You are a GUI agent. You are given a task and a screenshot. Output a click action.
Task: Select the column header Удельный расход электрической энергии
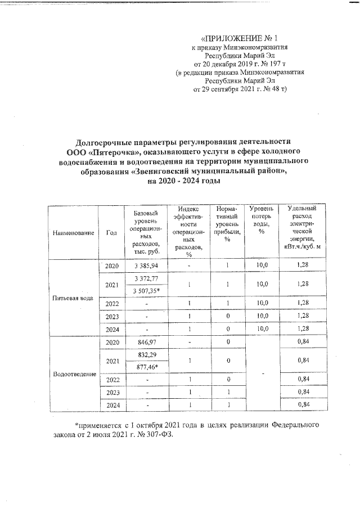coord(301,227)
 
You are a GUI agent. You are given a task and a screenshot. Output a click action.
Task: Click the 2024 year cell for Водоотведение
coord(111,404)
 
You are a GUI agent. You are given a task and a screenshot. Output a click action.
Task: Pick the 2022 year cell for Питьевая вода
coord(111,304)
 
